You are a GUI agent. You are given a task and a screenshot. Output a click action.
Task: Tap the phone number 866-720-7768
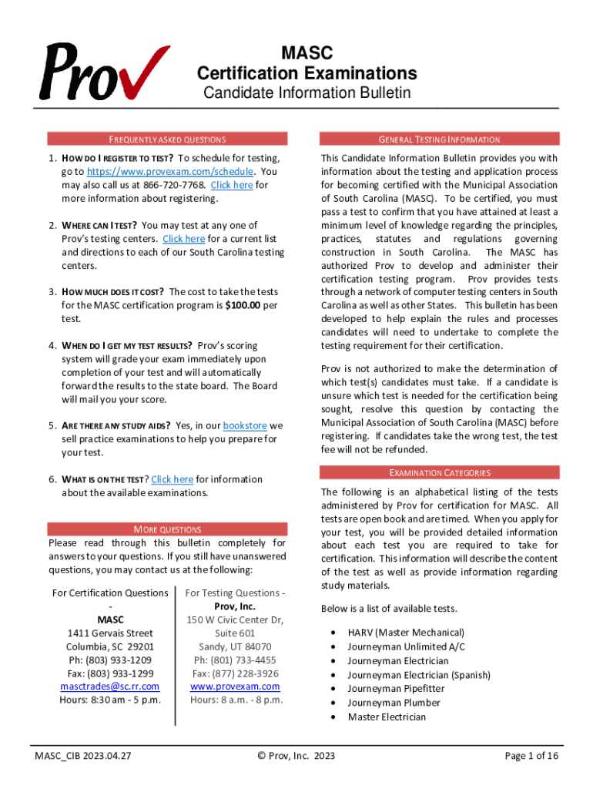click(174, 185)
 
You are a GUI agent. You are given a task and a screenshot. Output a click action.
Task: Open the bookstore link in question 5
click(244, 425)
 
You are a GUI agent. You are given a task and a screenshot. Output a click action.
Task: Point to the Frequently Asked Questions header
click(167, 139)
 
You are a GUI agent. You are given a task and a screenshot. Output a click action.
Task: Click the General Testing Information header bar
click(440, 139)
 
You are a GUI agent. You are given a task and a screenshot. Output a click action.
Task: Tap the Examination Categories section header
click(440, 472)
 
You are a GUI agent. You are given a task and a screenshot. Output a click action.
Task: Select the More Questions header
click(167, 529)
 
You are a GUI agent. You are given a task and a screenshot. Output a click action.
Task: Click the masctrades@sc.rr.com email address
click(109, 686)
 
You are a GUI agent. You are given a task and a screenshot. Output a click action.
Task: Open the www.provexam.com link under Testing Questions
click(235, 686)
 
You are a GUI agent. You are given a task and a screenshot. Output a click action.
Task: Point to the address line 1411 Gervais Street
click(109, 633)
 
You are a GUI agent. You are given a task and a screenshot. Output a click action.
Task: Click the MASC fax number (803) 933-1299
click(109, 673)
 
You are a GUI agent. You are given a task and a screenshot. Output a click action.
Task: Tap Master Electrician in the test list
click(387, 717)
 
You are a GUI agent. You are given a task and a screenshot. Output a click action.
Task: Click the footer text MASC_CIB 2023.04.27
click(82, 756)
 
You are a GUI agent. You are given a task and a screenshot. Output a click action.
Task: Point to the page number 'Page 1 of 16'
click(531, 756)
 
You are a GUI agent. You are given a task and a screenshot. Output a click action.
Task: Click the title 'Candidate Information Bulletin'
click(307, 93)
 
